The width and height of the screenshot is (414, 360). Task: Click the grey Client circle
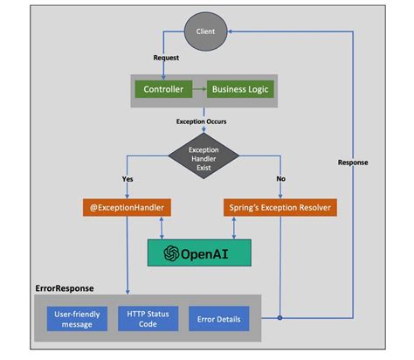click(x=204, y=32)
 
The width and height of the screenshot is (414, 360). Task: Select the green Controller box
click(x=163, y=89)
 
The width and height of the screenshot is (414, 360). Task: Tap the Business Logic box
click(x=241, y=89)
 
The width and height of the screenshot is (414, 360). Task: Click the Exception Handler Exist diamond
click(x=204, y=156)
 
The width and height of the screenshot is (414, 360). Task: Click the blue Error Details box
click(x=219, y=318)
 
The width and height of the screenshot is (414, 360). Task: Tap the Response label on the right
click(x=354, y=162)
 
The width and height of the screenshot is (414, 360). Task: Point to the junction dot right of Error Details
click(x=279, y=318)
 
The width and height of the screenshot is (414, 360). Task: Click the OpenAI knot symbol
click(x=171, y=253)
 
